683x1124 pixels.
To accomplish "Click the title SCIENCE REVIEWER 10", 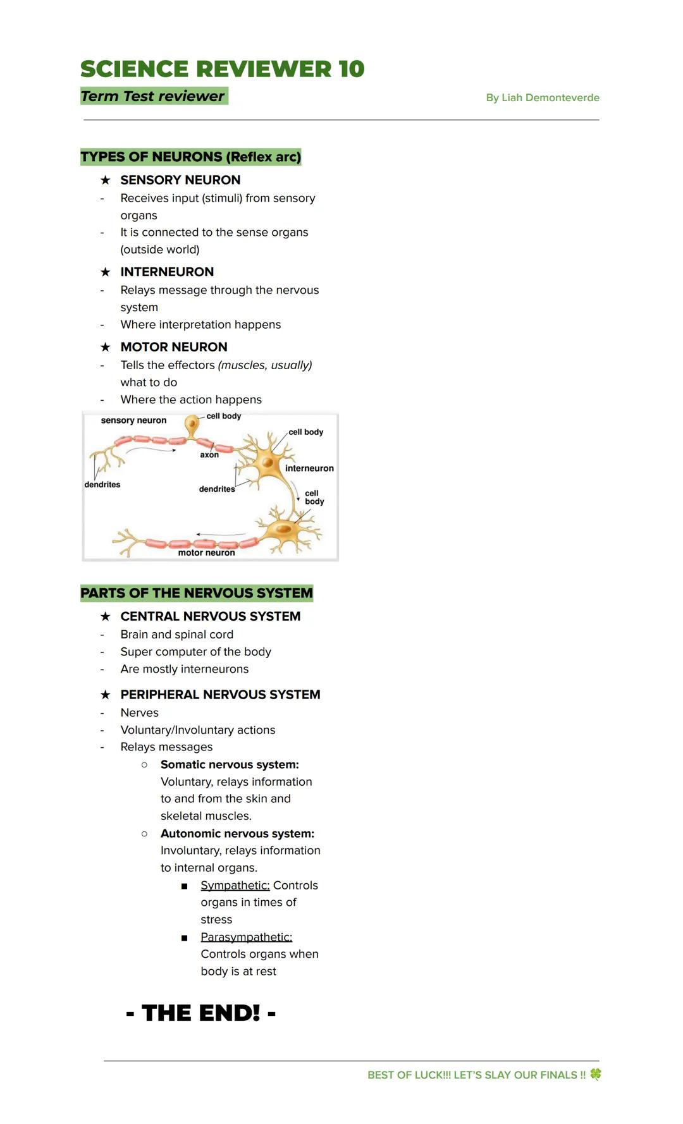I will pyautogui.click(x=222, y=69).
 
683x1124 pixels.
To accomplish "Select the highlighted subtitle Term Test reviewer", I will pyautogui.click(x=153, y=96).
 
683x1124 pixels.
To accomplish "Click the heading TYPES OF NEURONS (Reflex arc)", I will pyautogui.click(x=190, y=157).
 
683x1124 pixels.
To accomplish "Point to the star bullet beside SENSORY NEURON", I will pyautogui.click(x=106, y=180).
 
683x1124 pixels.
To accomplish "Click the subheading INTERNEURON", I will pyautogui.click(x=167, y=272).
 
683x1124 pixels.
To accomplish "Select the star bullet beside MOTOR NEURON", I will pyautogui.click(x=106, y=347).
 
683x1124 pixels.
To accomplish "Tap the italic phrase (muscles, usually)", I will pyautogui.click(x=265, y=365).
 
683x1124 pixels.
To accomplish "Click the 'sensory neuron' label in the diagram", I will pyautogui.click(x=133, y=420).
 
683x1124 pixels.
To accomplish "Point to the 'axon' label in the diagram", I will pyautogui.click(x=209, y=455).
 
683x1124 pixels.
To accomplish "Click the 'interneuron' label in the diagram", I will pyautogui.click(x=309, y=468).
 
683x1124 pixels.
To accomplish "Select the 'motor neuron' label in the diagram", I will pyautogui.click(x=206, y=553).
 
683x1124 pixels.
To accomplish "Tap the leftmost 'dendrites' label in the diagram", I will pyautogui.click(x=102, y=485).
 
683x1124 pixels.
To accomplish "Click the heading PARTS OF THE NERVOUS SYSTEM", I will pyautogui.click(x=197, y=593).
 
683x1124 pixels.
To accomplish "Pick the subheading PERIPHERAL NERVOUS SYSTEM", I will pyautogui.click(x=220, y=694).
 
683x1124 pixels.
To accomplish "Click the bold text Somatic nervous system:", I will pyautogui.click(x=230, y=764).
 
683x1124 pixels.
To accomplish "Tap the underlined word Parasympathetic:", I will pyautogui.click(x=246, y=937).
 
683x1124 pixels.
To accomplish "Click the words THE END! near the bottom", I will pyautogui.click(x=201, y=1013).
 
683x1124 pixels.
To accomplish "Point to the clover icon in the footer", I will pyautogui.click(x=596, y=1074).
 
